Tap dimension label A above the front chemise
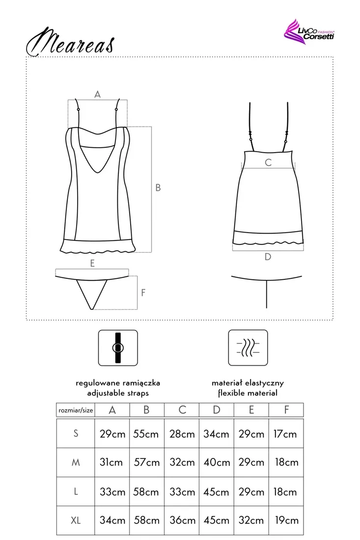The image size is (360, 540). pyautogui.click(x=97, y=94)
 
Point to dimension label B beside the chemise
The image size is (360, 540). pyautogui.click(x=158, y=187)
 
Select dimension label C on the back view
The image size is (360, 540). pyautogui.click(x=268, y=162)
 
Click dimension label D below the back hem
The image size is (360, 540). pyautogui.click(x=268, y=256)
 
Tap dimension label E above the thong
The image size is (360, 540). pyautogui.click(x=92, y=263)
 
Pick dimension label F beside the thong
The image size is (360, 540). pyautogui.click(x=143, y=293)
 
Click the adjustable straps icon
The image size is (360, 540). pyautogui.click(x=118, y=348)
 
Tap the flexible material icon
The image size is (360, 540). pyautogui.click(x=248, y=348)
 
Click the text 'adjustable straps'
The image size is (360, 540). pyautogui.click(x=118, y=393)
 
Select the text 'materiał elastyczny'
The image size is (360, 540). pyautogui.click(x=248, y=383)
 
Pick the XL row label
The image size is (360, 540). pyautogui.click(x=76, y=519)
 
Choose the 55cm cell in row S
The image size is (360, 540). pyautogui.click(x=147, y=434)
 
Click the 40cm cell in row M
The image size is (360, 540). pyautogui.click(x=217, y=462)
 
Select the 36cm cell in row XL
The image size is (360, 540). pyautogui.click(x=182, y=520)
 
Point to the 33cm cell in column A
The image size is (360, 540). pyautogui.click(x=112, y=491)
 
